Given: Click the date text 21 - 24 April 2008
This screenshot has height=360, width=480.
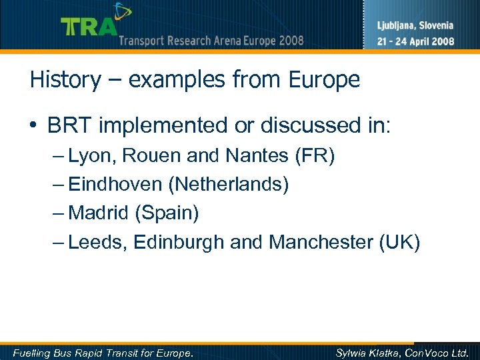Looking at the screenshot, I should [x=415, y=41].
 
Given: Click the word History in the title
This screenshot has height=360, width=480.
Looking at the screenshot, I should [x=65, y=80].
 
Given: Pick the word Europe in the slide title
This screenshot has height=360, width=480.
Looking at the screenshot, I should [x=324, y=80].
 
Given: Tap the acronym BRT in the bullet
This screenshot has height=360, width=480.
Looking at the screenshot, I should [x=67, y=125].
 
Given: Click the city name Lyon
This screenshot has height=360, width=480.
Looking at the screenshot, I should [x=91, y=157].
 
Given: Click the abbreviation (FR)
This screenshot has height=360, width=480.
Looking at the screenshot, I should [x=314, y=157].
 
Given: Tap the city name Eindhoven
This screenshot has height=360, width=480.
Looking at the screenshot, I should [x=116, y=185].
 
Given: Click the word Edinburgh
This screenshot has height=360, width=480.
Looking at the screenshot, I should [x=179, y=242].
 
